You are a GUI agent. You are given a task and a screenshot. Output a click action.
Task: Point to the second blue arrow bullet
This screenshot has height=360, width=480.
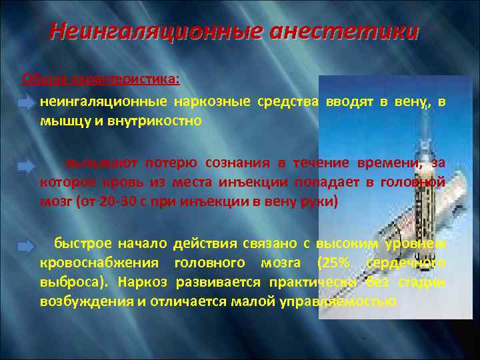pos(25,164)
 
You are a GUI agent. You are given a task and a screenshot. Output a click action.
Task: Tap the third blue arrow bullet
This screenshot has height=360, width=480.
pos(25,247)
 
